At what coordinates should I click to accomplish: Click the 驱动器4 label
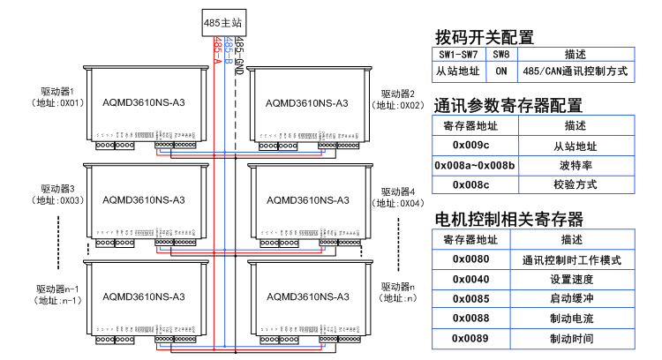pos(397,191)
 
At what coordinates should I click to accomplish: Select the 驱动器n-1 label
pos(59,289)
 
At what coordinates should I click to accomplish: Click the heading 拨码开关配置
pos(485,37)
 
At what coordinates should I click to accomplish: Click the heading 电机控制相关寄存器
pos(509,219)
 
